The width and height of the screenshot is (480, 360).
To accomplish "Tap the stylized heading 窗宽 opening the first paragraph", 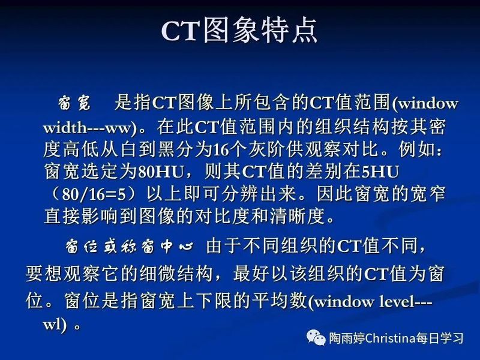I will coord(75,103).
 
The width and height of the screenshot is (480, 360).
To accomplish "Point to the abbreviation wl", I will coord(53,325).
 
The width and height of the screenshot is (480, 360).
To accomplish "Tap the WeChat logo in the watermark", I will coord(316,338).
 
